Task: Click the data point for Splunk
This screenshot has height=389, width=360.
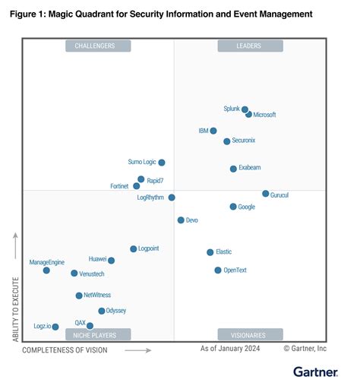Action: click(245, 110)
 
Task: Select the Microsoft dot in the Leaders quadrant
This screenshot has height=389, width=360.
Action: click(249, 114)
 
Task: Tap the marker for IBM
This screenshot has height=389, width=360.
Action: click(213, 131)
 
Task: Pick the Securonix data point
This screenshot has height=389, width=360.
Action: click(226, 141)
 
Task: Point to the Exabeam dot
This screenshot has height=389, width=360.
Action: click(233, 168)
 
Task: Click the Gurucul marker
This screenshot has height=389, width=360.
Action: click(265, 194)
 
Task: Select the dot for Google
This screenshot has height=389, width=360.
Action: click(232, 207)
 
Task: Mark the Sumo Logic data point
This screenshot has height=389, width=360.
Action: click(161, 163)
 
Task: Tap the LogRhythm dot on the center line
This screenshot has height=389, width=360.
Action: click(172, 198)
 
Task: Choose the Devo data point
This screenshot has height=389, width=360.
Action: click(181, 220)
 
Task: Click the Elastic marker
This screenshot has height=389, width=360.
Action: click(210, 251)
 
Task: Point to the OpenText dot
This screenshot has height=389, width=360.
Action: click(218, 270)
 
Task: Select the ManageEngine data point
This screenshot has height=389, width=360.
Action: click(46, 270)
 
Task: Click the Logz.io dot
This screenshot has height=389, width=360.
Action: click(55, 327)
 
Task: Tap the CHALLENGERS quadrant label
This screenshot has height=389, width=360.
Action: click(98, 46)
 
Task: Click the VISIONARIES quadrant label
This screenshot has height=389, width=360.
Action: click(250, 334)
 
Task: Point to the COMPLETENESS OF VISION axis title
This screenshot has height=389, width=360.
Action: click(65, 350)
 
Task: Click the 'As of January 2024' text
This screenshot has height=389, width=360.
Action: click(229, 349)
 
